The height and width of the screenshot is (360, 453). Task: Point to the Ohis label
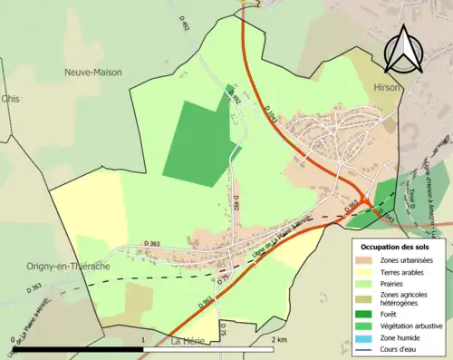pyautogui.click(x=10, y=99)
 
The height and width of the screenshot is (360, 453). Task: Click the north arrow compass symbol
pyautogui.click(x=402, y=47)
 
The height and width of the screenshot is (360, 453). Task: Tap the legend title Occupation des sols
pyautogui.click(x=396, y=247)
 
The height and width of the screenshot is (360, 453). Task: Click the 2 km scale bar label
pyautogui.click(x=280, y=339)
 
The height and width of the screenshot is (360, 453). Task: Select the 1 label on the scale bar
pyautogui.click(x=143, y=339)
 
